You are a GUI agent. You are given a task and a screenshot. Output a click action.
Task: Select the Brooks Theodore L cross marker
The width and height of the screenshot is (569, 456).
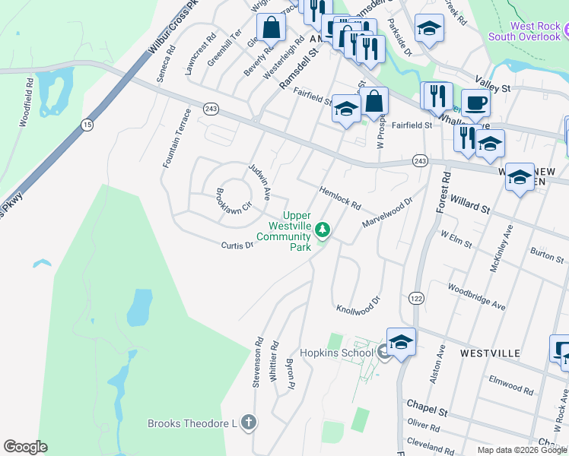click(248, 423)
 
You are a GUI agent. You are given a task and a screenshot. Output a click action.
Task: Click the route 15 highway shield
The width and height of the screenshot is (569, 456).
click(87, 124)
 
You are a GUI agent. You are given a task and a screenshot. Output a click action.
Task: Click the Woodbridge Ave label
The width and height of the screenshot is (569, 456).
click(477, 296)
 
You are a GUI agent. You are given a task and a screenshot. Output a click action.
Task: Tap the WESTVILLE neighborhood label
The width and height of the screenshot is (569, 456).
click(490, 353)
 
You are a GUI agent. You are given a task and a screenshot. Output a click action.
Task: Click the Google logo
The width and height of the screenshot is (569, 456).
click(25, 447)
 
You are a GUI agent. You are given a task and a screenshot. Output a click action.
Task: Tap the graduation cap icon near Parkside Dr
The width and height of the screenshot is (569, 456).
click(429, 28)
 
